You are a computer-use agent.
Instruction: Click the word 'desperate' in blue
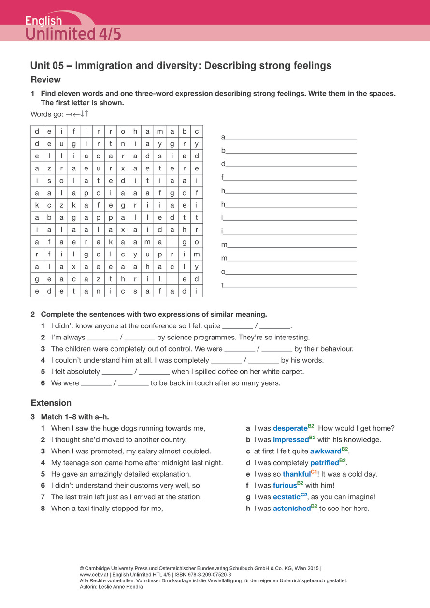290,428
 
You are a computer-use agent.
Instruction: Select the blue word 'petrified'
324,463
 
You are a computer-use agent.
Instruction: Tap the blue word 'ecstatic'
286,497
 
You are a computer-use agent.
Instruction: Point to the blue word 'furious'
285,486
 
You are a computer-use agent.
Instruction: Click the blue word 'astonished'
291,509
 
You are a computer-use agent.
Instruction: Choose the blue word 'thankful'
296,475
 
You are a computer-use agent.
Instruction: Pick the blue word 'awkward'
326,452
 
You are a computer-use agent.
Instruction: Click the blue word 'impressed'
290,440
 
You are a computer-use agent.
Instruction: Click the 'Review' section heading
46,79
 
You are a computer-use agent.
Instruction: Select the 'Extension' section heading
51,403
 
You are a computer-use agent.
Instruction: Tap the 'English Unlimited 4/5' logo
72,28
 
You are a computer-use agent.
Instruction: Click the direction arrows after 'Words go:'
77,114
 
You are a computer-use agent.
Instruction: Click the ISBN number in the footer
207,575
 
